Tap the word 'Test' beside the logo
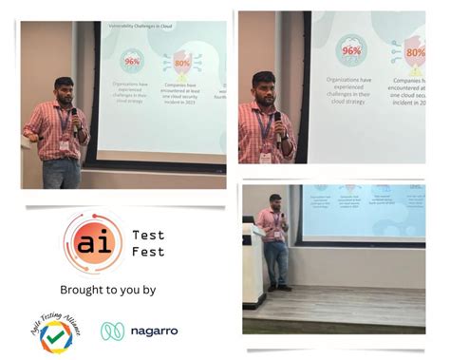149,235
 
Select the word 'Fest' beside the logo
149,252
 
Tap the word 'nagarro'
153,332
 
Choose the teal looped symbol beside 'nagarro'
113,332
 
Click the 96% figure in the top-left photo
131,60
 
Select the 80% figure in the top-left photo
181,64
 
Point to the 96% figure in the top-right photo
351,49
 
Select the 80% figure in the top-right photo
415,51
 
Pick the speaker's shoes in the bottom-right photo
278,287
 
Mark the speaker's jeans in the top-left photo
61,172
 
